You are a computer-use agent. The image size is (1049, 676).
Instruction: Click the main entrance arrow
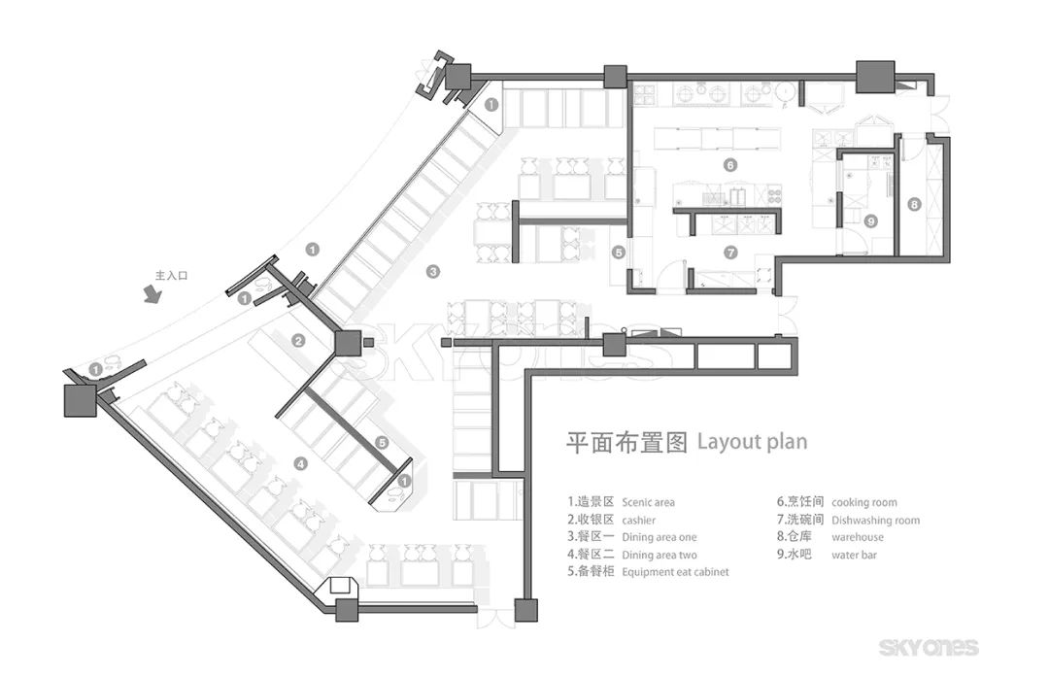tap(152, 294)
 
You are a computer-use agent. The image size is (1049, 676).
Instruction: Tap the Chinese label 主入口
tap(171, 276)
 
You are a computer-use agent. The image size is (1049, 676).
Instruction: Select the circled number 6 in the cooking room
tap(730, 165)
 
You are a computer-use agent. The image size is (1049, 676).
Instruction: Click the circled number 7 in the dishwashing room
tap(731, 252)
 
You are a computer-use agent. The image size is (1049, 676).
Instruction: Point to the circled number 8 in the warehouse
tap(914, 205)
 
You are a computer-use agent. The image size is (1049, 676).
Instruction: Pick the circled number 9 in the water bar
tap(871, 221)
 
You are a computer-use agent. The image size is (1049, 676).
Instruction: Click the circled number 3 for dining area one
tap(433, 271)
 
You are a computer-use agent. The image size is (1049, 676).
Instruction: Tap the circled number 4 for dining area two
tap(301, 464)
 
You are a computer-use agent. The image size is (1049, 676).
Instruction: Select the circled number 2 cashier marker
tap(299, 340)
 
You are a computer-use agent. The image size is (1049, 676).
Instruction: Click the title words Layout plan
tap(752, 441)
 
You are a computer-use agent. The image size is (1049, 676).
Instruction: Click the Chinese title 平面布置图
tap(627, 442)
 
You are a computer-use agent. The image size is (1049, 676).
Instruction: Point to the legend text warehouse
tap(858, 537)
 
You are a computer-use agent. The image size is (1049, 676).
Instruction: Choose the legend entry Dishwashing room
tap(875, 520)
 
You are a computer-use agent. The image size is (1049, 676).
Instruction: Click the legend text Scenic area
tap(648, 502)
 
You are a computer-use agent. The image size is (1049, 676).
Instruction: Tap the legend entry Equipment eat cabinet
tap(675, 572)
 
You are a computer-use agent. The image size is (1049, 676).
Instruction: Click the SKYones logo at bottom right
tap(929, 647)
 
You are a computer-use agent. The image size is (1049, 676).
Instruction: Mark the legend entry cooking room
tap(864, 502)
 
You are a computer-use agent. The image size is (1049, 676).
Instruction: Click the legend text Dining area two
tap(660, 555)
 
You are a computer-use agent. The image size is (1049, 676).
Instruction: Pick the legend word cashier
tap(638, 520)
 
